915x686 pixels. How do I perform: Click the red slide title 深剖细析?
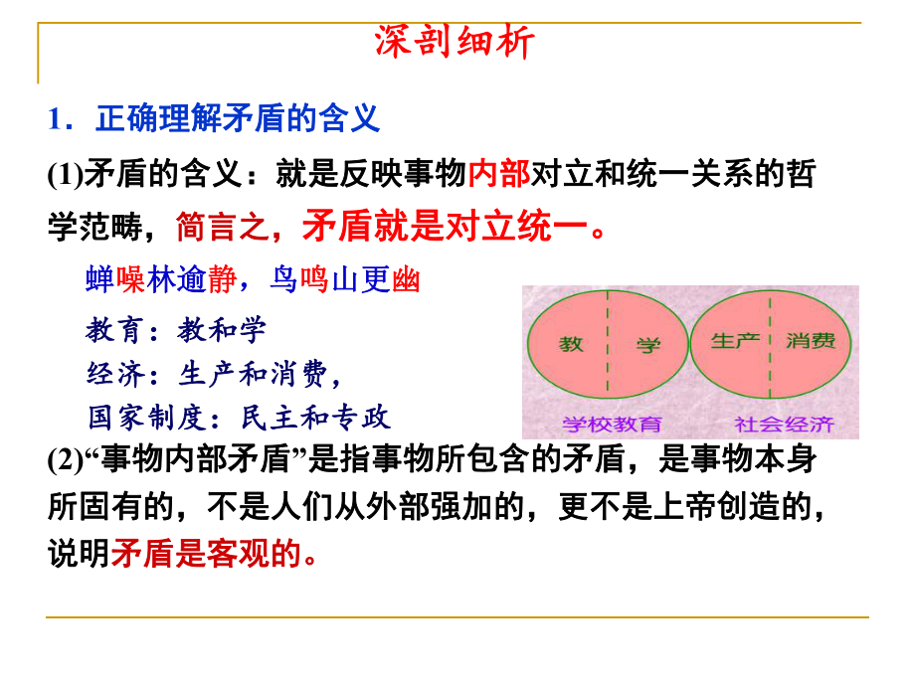457,43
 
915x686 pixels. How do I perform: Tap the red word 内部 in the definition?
498,176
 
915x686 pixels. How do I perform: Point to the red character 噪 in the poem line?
131,281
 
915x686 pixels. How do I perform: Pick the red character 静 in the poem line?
222,281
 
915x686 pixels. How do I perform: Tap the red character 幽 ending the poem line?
407,281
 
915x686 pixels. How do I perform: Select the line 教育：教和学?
177,329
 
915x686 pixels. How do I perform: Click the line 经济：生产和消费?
213,373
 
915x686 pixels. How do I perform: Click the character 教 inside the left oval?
571,345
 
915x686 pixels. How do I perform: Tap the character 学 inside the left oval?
648,345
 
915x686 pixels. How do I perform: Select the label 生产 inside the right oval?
736,341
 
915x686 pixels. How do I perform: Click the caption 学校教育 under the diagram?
612,425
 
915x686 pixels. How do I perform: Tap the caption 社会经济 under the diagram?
784,425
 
